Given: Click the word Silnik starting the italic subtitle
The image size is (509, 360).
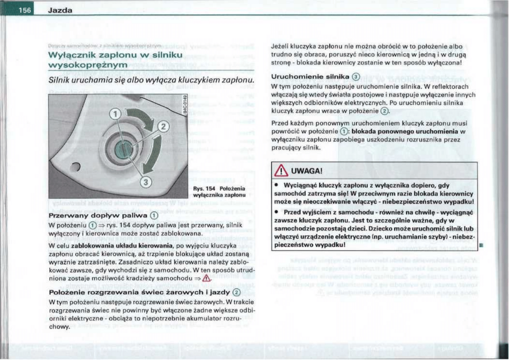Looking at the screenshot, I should (60, 81).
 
